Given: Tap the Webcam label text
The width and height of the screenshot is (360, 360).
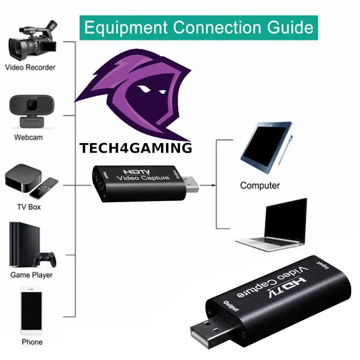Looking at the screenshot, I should click(x=28, y=137).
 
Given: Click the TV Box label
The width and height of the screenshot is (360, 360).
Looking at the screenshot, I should click(x=28, y=207).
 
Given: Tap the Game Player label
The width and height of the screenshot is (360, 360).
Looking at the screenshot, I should click(x=31, y=275).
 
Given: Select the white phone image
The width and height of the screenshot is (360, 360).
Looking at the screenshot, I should click(x=31, y=312).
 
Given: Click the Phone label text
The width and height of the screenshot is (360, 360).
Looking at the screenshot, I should click(x=32, y=342).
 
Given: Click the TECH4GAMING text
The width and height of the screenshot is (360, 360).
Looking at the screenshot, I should click(x=135, y=148).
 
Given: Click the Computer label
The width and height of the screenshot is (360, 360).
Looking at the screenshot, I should click(x=260, y=185).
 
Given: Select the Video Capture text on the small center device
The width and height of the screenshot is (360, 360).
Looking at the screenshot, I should click(x=143, y=178).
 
